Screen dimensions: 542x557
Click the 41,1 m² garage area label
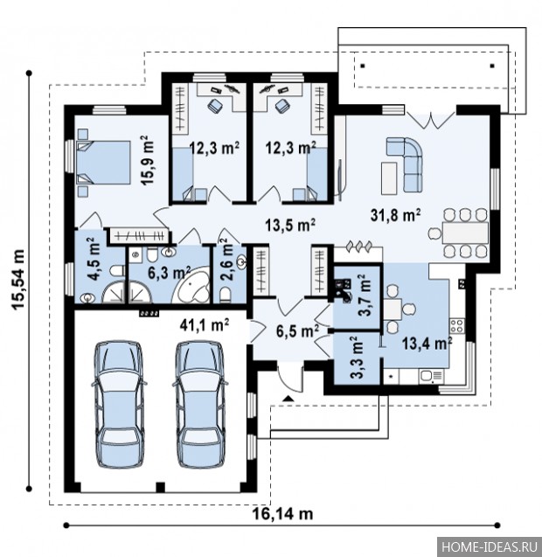(x=205, y=324)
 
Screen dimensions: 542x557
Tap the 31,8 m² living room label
(x=396, y=215)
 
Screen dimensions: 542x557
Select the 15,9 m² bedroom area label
(x=148, y=160)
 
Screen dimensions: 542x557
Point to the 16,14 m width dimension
(x=282, y=513)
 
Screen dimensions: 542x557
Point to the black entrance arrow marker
(x=288, y=398)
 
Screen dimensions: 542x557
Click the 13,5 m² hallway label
(x=290, y=225)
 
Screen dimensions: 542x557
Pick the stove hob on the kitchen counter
(x=456, y=326)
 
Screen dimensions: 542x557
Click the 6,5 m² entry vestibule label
(x=297, y=331)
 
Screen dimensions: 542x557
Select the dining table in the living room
(x=465, y=233)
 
